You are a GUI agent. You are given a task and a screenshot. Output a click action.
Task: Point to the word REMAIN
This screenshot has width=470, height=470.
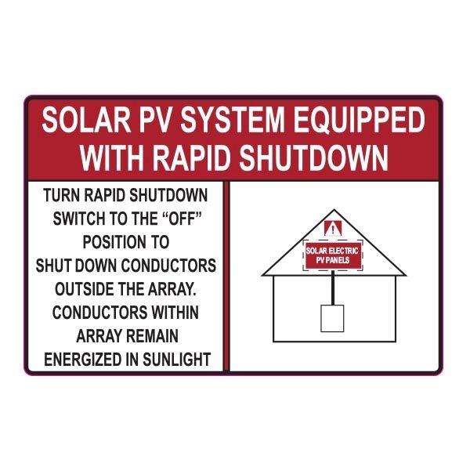pyautogui.click(x=148, y=336)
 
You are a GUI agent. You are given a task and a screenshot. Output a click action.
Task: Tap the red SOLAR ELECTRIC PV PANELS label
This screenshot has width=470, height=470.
pyautogui.click(x=333, y=255)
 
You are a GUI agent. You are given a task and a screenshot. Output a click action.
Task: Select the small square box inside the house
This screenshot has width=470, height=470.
pyautogui.click(x=333, y=318)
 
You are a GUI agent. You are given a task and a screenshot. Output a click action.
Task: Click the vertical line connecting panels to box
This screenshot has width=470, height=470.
pyautogui.click(x=333, y=288)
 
